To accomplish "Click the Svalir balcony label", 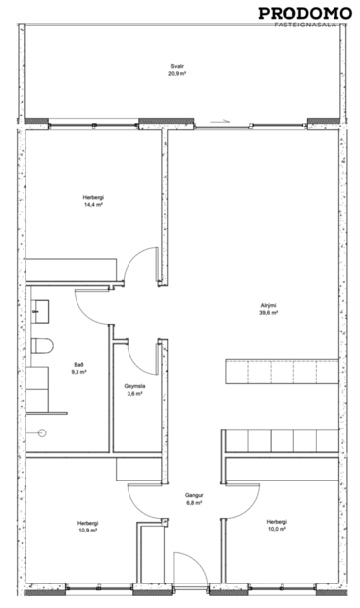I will click(x=177, y=67).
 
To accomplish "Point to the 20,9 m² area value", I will click(x=177, y=74).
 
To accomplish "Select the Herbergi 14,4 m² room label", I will click(x=93, y=198).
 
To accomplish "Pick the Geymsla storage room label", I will click(x=135, y=386).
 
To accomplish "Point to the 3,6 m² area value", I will click(x=135, y=393).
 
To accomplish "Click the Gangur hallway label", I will click(x=193, y=495).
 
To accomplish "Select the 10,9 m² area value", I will click(x=88, y=530).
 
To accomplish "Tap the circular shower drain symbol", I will click(x=41, y=431).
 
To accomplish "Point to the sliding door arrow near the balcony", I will click(x=226, y=122).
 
